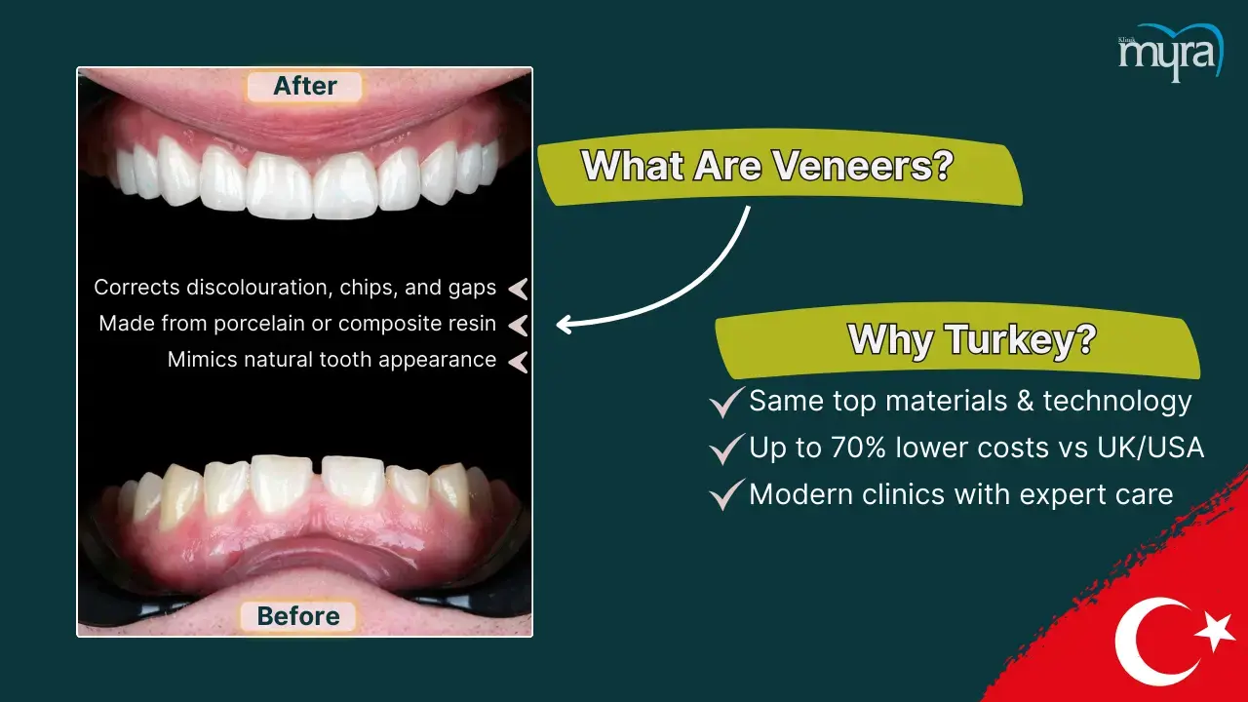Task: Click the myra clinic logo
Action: [x=1171, y=53]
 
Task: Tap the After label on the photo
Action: [x=305, y=87]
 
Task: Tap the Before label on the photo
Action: [x=298, y=616]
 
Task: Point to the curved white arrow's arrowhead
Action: [x=565, y=325]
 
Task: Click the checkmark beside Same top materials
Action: [x=726, y=403]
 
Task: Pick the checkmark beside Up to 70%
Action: [x=726, y=449]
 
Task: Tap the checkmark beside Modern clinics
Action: [x=726, y=494]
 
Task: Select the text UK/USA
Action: [x=1150, y=448]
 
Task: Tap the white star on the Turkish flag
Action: [x=1215, y=632]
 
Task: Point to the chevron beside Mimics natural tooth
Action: [x=518, y=362]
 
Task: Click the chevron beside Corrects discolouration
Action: [x=518, y=290]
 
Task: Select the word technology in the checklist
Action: [x=1116, y=401]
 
